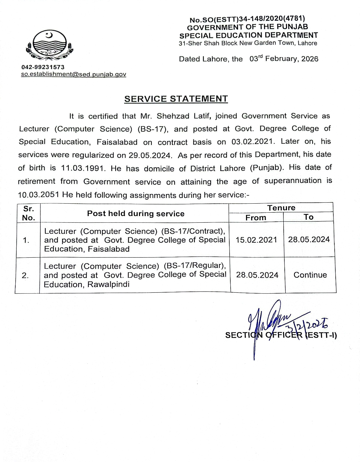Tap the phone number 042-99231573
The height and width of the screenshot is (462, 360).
tap(43, 67)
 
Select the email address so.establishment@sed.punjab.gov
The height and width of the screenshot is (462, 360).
tap(73, 74)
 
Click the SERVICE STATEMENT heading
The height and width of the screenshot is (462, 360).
tap(176, 99)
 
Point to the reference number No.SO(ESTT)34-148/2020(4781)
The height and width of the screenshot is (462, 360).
tap(247, 19)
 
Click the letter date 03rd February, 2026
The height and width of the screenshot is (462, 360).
tap(284, 59)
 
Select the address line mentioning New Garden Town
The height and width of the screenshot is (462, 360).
tap(248, 43)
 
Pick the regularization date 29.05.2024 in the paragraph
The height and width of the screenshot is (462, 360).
tap(150, 155)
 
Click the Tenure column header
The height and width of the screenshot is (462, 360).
tap(281, 208)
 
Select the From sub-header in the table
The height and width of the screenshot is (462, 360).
tap(256, 218)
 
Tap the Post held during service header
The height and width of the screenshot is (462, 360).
tap(136, 214)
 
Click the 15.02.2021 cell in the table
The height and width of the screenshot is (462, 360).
tap(256, 240)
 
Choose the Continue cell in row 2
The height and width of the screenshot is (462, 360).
tap(310, 275)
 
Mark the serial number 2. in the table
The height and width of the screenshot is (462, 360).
tap(25, 275)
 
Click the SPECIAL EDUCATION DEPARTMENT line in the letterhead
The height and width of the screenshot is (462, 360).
tap(248, 35)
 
